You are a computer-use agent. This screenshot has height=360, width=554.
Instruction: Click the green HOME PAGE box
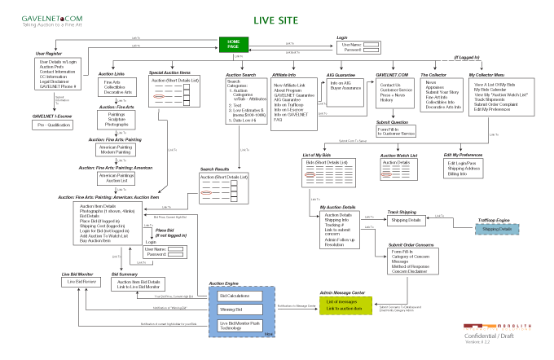coord(235,44)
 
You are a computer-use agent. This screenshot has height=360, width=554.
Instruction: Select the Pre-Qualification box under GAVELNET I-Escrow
coord(51,126)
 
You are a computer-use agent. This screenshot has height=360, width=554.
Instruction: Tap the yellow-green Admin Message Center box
coord(349,305)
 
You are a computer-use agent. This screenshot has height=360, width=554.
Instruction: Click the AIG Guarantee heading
coord(343,74)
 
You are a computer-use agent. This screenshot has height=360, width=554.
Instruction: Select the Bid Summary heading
coord(125,274)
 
